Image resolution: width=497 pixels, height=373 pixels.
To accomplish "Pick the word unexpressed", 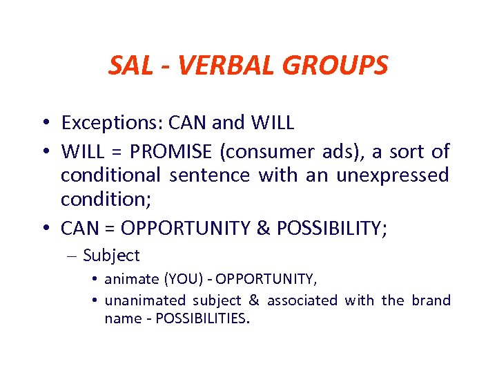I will pyautogui.click(x=392, y=175).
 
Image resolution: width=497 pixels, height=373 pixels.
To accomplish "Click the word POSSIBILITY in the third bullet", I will pyautogui.click(x=323, y=227).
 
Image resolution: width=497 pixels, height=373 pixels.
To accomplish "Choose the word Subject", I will pyautogui.click(x=111, y=256).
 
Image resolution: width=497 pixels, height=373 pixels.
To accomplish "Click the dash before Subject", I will pyautogui.click(x=73, y=256).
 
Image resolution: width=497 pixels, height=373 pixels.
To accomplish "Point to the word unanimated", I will pyautogui.click(x=145, y=300).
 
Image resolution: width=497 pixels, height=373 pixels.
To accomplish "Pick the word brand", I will pyautogui.click(x=431, y=300).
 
